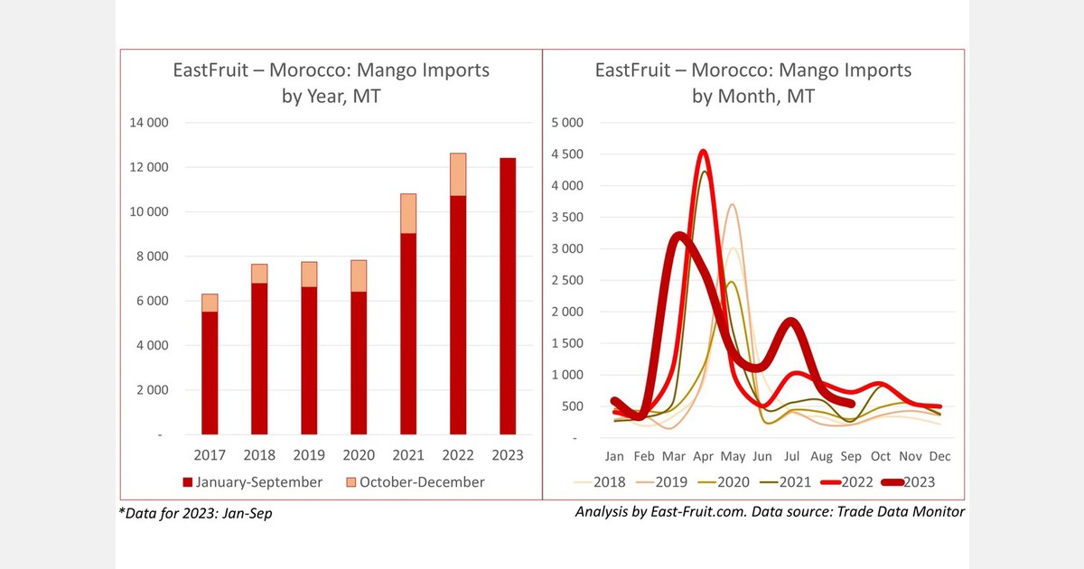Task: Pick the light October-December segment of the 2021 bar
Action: [408, 213]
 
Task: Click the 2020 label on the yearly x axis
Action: [358, 455]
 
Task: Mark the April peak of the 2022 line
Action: [702, 152]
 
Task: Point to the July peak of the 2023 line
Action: [790, 322]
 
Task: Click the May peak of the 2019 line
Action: [733, 205]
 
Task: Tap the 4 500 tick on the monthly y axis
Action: [567, 154]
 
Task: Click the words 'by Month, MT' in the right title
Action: [753, 96]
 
